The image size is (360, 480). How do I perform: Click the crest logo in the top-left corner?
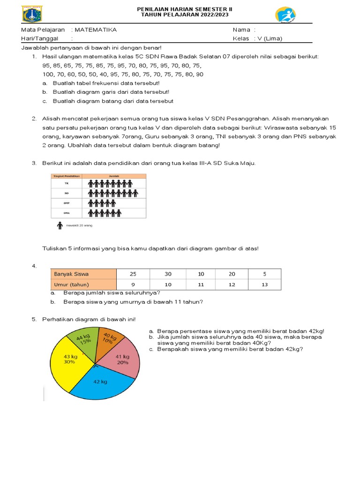coord(32,14)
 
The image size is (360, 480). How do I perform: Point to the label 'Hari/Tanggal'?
coord(39,38)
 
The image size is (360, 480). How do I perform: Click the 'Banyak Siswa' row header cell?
coord(82,274)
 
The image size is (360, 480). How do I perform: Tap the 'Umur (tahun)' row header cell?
coord(82,284)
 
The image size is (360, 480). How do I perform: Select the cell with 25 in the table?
coord(133,274)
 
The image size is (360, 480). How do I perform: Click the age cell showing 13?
coord(264,285)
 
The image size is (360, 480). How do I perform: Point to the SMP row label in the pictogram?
coord(66,203)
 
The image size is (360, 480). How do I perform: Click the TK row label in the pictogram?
coord(66,183)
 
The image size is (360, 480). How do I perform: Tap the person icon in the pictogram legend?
coord(60,226)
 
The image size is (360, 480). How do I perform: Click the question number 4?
coord(34,266)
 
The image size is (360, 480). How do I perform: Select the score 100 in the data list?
coord(48,74)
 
